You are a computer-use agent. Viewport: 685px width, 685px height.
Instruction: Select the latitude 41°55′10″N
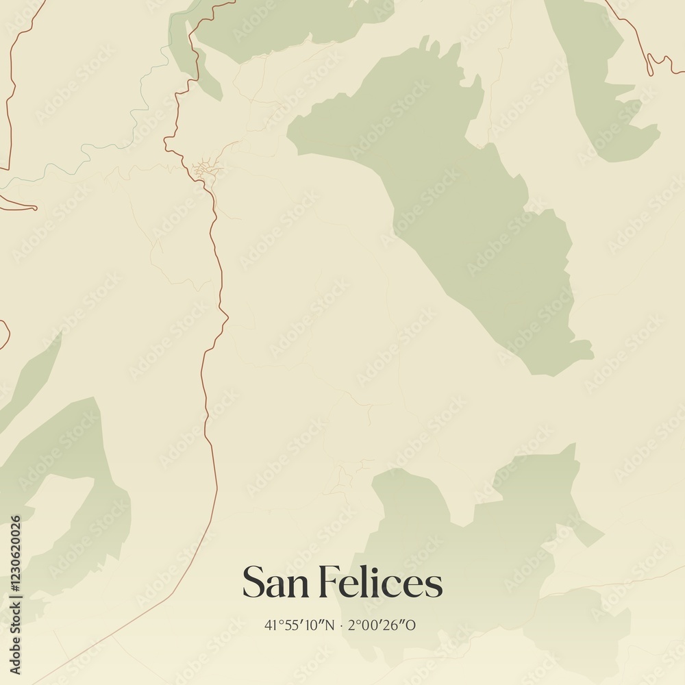point(299,625)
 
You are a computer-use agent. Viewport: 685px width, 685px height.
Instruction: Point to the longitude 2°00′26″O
point(382,625)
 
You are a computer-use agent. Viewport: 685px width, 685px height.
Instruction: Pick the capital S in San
point(252,583)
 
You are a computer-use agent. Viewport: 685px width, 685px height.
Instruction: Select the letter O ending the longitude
point(412,625)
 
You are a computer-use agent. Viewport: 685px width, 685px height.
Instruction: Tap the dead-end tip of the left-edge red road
point(35,208)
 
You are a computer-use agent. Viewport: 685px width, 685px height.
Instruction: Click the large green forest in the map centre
point(466,206)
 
